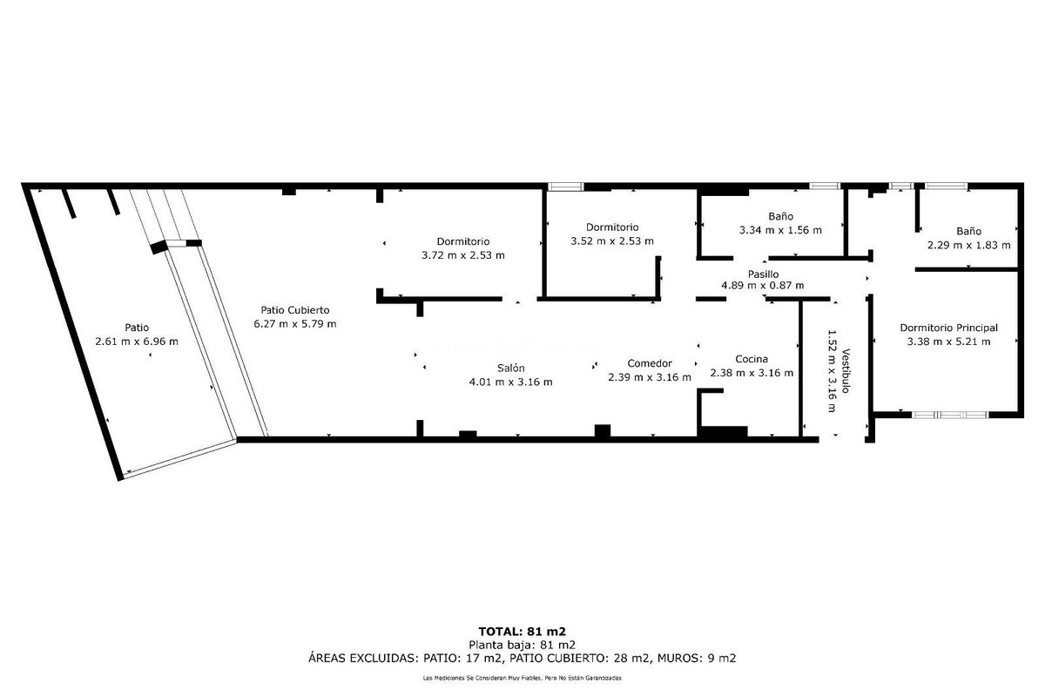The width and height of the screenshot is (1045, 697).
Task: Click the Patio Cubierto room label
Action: click(x=295, y=310)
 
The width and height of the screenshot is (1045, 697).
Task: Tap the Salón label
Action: click(x=511, y=368)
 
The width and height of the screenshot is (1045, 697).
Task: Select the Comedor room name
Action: click(x=650, y=363)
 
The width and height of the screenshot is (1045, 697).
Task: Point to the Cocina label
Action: click(x=751, y=359)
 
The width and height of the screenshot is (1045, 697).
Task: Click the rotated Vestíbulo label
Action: click(x=846, y=370)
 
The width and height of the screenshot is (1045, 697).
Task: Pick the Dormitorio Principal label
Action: click(x=948, y=328)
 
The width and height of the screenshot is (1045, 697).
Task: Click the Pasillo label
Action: click(x=763, y=274)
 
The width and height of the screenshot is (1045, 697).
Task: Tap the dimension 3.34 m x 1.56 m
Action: click(x=780, y=230)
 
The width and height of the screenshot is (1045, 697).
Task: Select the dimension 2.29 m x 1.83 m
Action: click(x=969, y=245)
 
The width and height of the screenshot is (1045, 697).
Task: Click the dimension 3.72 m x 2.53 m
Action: click(x=462, y=255)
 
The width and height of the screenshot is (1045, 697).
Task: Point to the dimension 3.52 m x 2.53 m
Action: click(x=612, y=240)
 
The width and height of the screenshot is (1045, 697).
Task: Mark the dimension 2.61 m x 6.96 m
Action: click(x=137, y=342)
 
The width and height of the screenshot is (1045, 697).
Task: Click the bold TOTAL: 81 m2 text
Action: click(x=522, y=632)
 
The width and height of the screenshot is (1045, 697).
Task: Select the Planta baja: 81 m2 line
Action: click(x=522, y=645)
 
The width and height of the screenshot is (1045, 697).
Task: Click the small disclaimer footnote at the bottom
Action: click(x=522, y=678)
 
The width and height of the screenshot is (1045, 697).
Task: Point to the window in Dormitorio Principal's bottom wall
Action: click(x=950, y=415)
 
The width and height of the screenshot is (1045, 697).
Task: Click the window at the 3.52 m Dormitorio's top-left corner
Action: click(x=565, y=186)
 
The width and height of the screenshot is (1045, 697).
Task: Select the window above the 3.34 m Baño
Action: click(x=825, y=186)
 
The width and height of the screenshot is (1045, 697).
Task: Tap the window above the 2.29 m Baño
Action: click(x=946, y=186)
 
